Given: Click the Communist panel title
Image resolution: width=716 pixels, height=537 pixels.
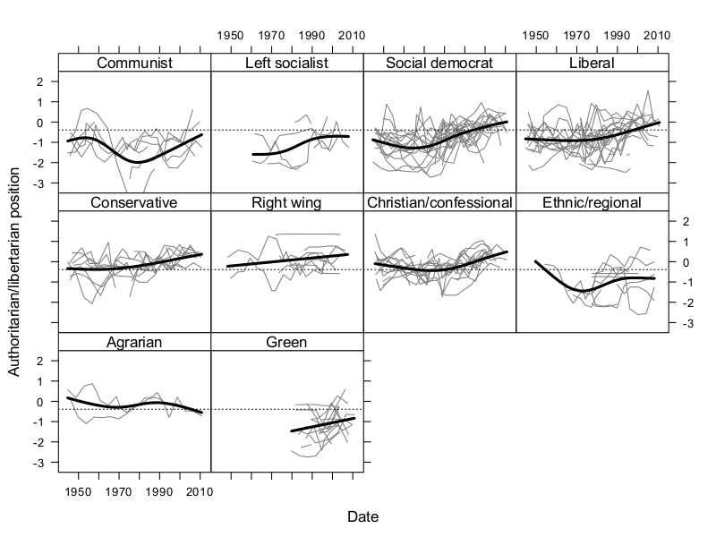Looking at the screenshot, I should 134,63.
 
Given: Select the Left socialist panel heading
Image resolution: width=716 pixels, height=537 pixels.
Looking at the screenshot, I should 286,63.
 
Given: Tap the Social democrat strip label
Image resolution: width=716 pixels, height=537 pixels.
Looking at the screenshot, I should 439,63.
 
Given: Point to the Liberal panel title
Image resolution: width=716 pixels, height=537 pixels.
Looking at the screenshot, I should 592,63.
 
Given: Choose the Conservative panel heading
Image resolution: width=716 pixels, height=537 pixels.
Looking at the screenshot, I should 134,202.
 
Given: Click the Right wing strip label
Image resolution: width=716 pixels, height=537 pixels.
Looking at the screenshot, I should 286,202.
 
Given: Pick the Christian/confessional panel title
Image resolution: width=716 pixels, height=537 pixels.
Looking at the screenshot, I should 439,202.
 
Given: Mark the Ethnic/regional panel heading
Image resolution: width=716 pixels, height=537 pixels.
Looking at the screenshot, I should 592,202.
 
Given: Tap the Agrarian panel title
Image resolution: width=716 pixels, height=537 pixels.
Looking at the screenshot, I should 134,342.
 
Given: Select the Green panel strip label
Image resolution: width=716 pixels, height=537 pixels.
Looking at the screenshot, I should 286,342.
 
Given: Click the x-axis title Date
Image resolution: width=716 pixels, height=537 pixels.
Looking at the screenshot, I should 362,517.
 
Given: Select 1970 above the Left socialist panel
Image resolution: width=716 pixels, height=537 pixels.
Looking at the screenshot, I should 270,35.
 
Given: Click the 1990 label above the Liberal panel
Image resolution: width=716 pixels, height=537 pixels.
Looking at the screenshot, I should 617,35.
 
